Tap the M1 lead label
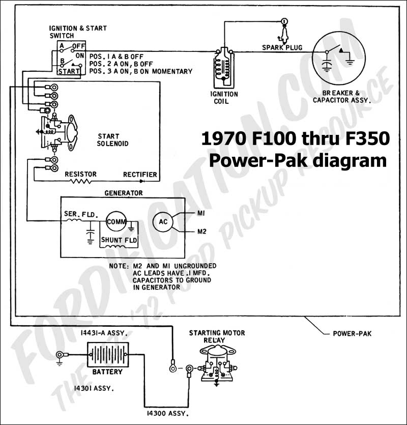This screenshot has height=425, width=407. (201, 213)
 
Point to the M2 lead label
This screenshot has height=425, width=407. (201, 232)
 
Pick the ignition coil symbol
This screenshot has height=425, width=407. (224, 67)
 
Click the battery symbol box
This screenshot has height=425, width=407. (108, 355)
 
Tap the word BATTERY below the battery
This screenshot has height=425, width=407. (107, 372)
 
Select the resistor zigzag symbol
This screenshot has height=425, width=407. (81, 181)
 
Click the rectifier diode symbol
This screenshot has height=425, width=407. (141, 181)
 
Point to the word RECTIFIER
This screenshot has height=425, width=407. (140, 174)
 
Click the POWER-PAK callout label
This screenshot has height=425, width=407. (352, 333)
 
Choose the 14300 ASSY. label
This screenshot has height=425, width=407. (167, 413)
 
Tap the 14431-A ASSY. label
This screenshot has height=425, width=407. (104, 333)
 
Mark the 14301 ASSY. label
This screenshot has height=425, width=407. (94, 388)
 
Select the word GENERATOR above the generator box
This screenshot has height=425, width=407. (124, 193)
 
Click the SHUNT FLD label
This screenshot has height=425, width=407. (119, 240)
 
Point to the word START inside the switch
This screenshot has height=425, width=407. (69, 71)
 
